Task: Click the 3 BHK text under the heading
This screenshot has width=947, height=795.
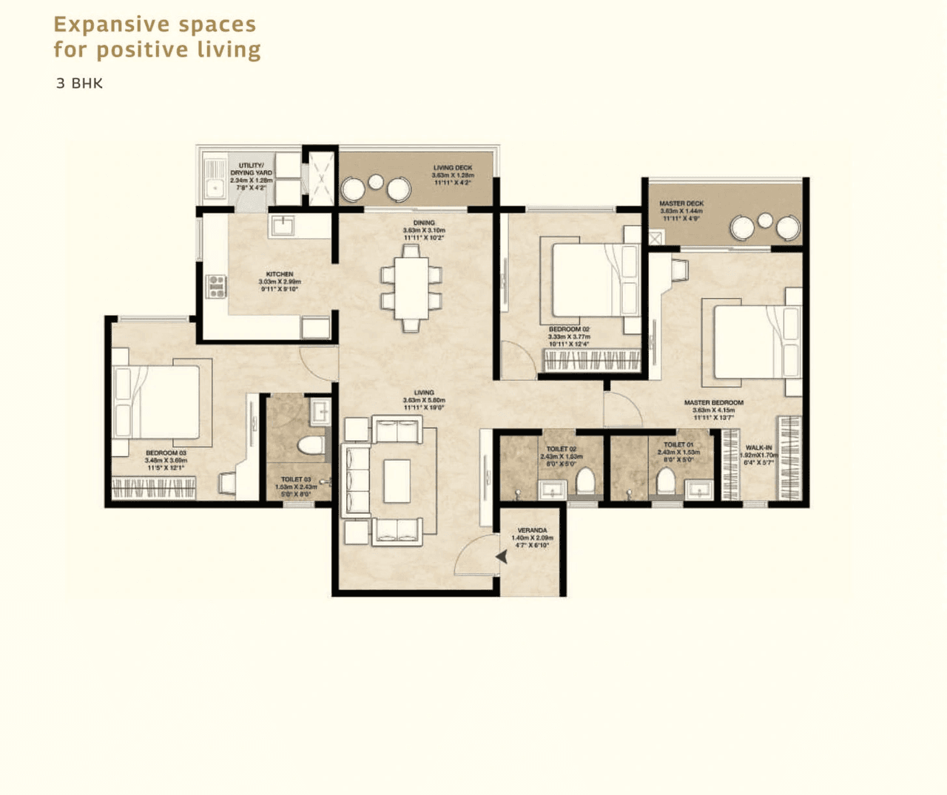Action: (79, 84)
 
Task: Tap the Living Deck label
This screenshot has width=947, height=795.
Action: (452, 168)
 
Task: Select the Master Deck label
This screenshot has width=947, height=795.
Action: (681, 203)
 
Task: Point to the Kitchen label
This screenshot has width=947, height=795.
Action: (280, 274)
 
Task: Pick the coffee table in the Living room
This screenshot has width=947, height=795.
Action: (397, 481)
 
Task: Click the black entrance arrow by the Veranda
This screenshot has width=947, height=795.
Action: (502, 556)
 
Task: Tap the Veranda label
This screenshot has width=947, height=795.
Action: (532, 530)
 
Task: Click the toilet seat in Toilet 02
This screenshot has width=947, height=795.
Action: (585, 481)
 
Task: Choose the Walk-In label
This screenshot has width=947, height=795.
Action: (758, 448)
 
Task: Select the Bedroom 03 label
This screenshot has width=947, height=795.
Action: (166, 453)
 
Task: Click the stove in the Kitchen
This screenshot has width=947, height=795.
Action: (215, 286)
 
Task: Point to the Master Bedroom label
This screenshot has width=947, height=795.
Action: (713, 403)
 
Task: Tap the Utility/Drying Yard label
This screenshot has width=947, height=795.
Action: (251, 169)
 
